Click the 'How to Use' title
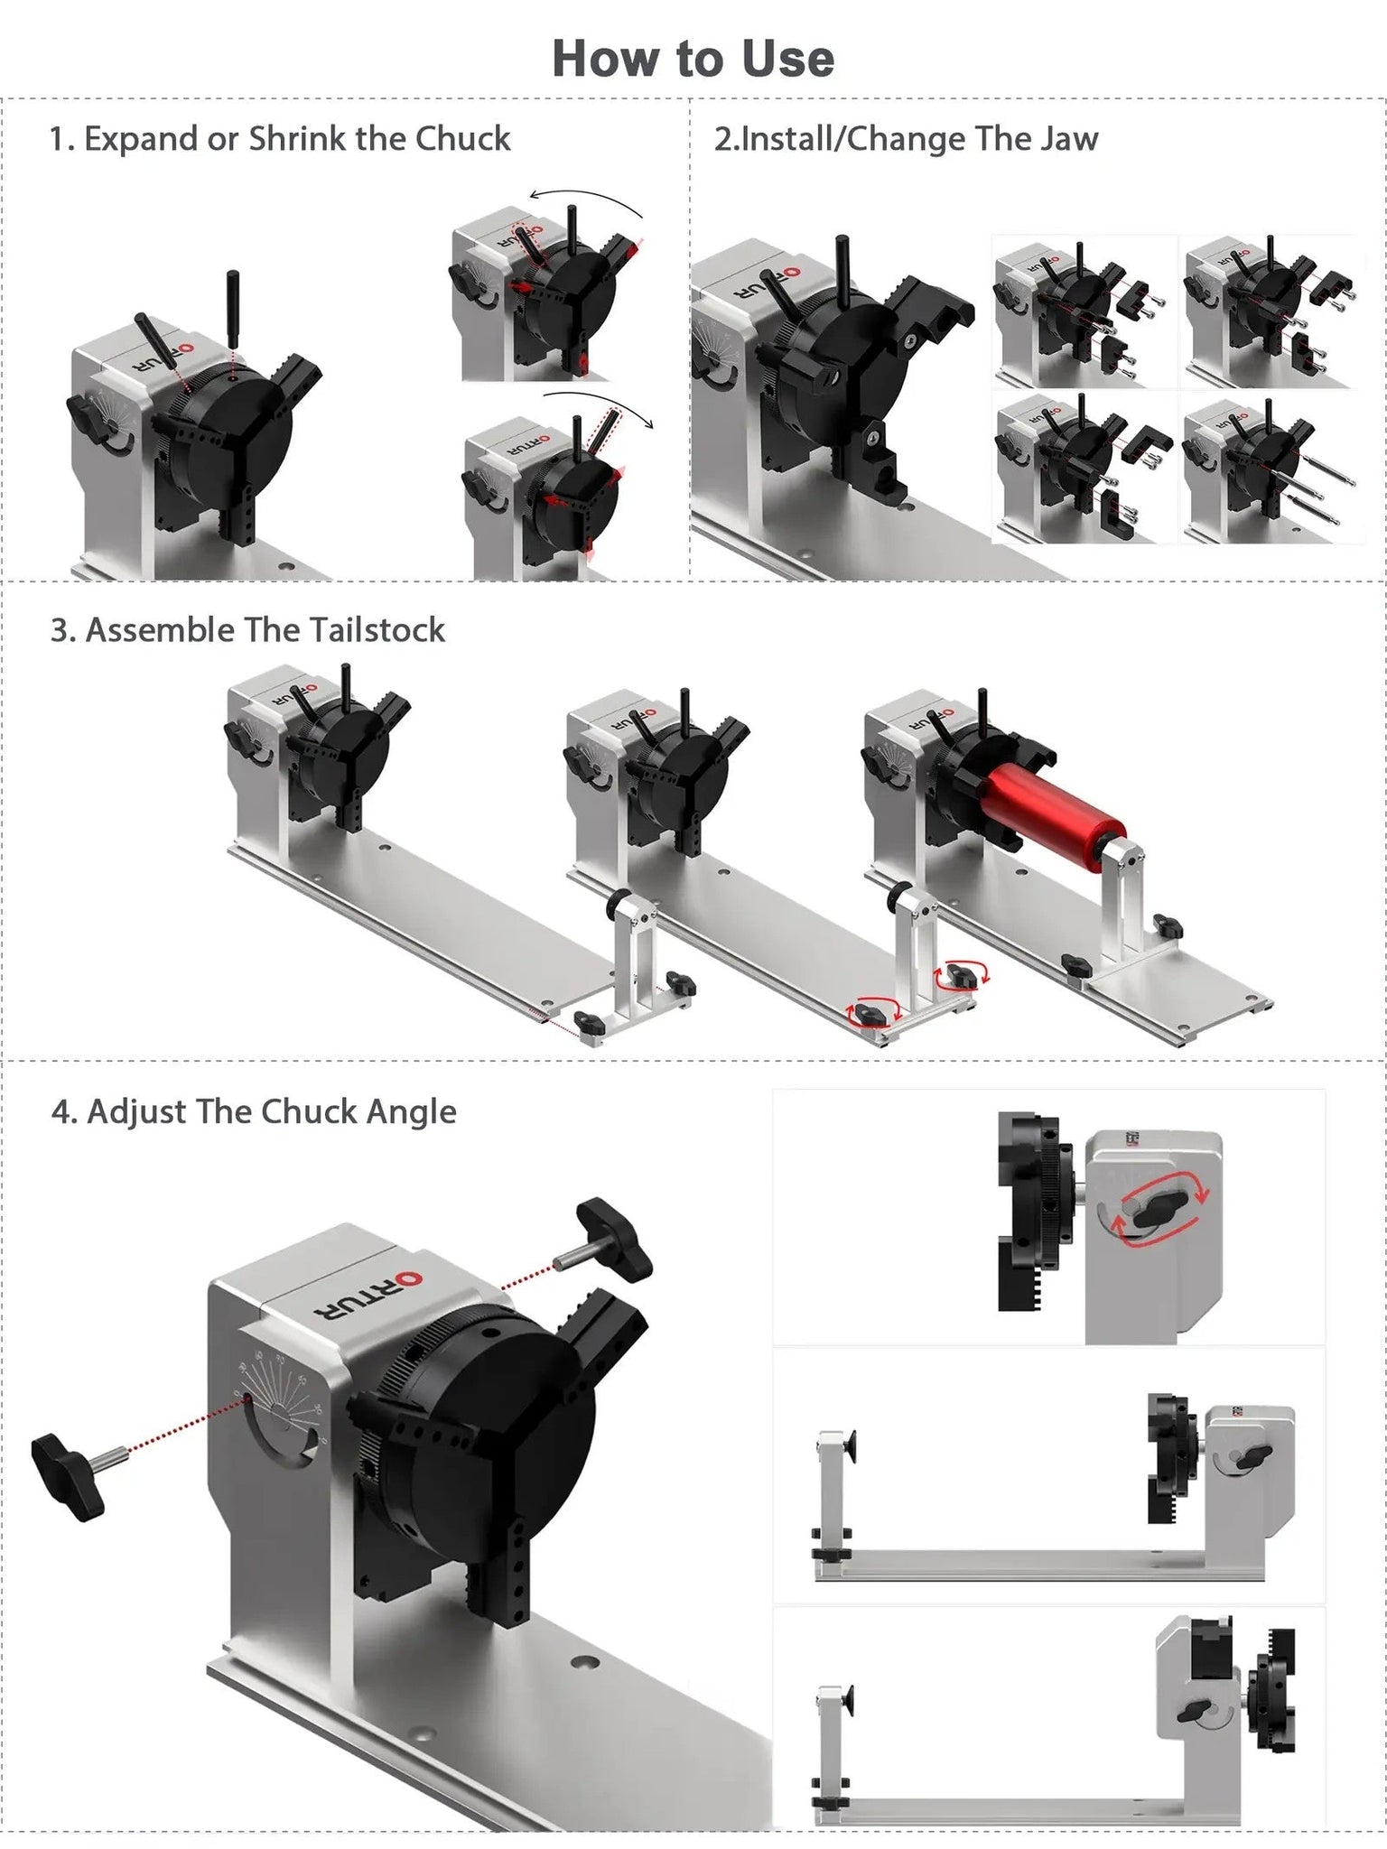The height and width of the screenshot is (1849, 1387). point(693,59)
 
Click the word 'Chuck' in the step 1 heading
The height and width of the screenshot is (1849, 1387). point(462,139)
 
